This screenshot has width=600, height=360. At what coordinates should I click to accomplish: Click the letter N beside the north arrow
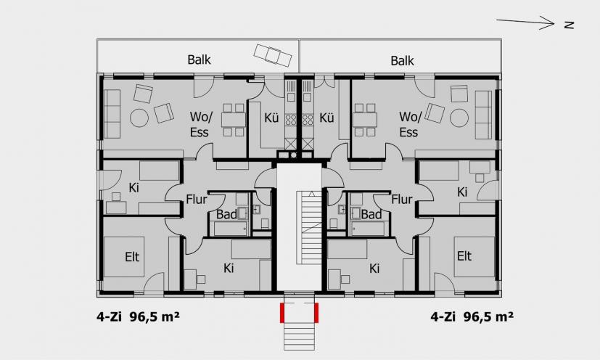(570, 25)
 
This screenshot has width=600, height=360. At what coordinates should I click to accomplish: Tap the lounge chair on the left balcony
(274, 56)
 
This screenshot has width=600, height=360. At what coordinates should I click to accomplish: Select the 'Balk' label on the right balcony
(402, 60)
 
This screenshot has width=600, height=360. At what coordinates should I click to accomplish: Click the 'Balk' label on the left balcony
(199, 60)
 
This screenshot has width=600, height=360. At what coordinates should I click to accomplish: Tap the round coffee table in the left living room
(139, 118)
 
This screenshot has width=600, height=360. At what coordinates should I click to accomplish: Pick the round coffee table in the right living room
(459, 118)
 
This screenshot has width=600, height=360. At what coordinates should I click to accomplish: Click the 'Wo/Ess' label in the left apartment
(200, 124)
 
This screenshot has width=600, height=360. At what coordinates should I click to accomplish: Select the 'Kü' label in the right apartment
(326, 118)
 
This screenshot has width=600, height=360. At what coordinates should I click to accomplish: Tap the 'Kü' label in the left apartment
(271, 118)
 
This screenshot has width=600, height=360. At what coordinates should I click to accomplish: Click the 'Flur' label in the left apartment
(197, 199)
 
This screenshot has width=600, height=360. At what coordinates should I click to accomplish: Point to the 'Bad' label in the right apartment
(371, 214)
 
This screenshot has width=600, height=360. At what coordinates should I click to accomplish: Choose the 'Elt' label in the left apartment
(132, 257)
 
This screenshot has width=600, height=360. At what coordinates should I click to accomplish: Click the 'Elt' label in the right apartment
(464, 255)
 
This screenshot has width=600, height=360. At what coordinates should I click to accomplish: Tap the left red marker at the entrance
(282, 313)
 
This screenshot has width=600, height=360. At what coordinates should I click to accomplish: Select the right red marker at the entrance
(316, 313)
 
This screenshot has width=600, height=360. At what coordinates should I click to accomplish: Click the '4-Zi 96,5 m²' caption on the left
(138, 317)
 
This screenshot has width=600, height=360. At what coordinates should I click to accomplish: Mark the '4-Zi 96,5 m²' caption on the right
(472, 317)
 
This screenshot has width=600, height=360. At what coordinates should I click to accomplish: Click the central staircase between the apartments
(309, 227)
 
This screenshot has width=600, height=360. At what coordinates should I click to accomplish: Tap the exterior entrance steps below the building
(299, 336)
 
